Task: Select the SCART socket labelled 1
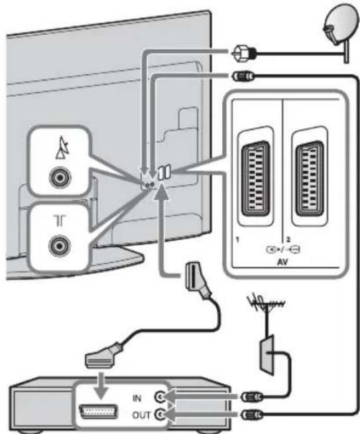point(255,179)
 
